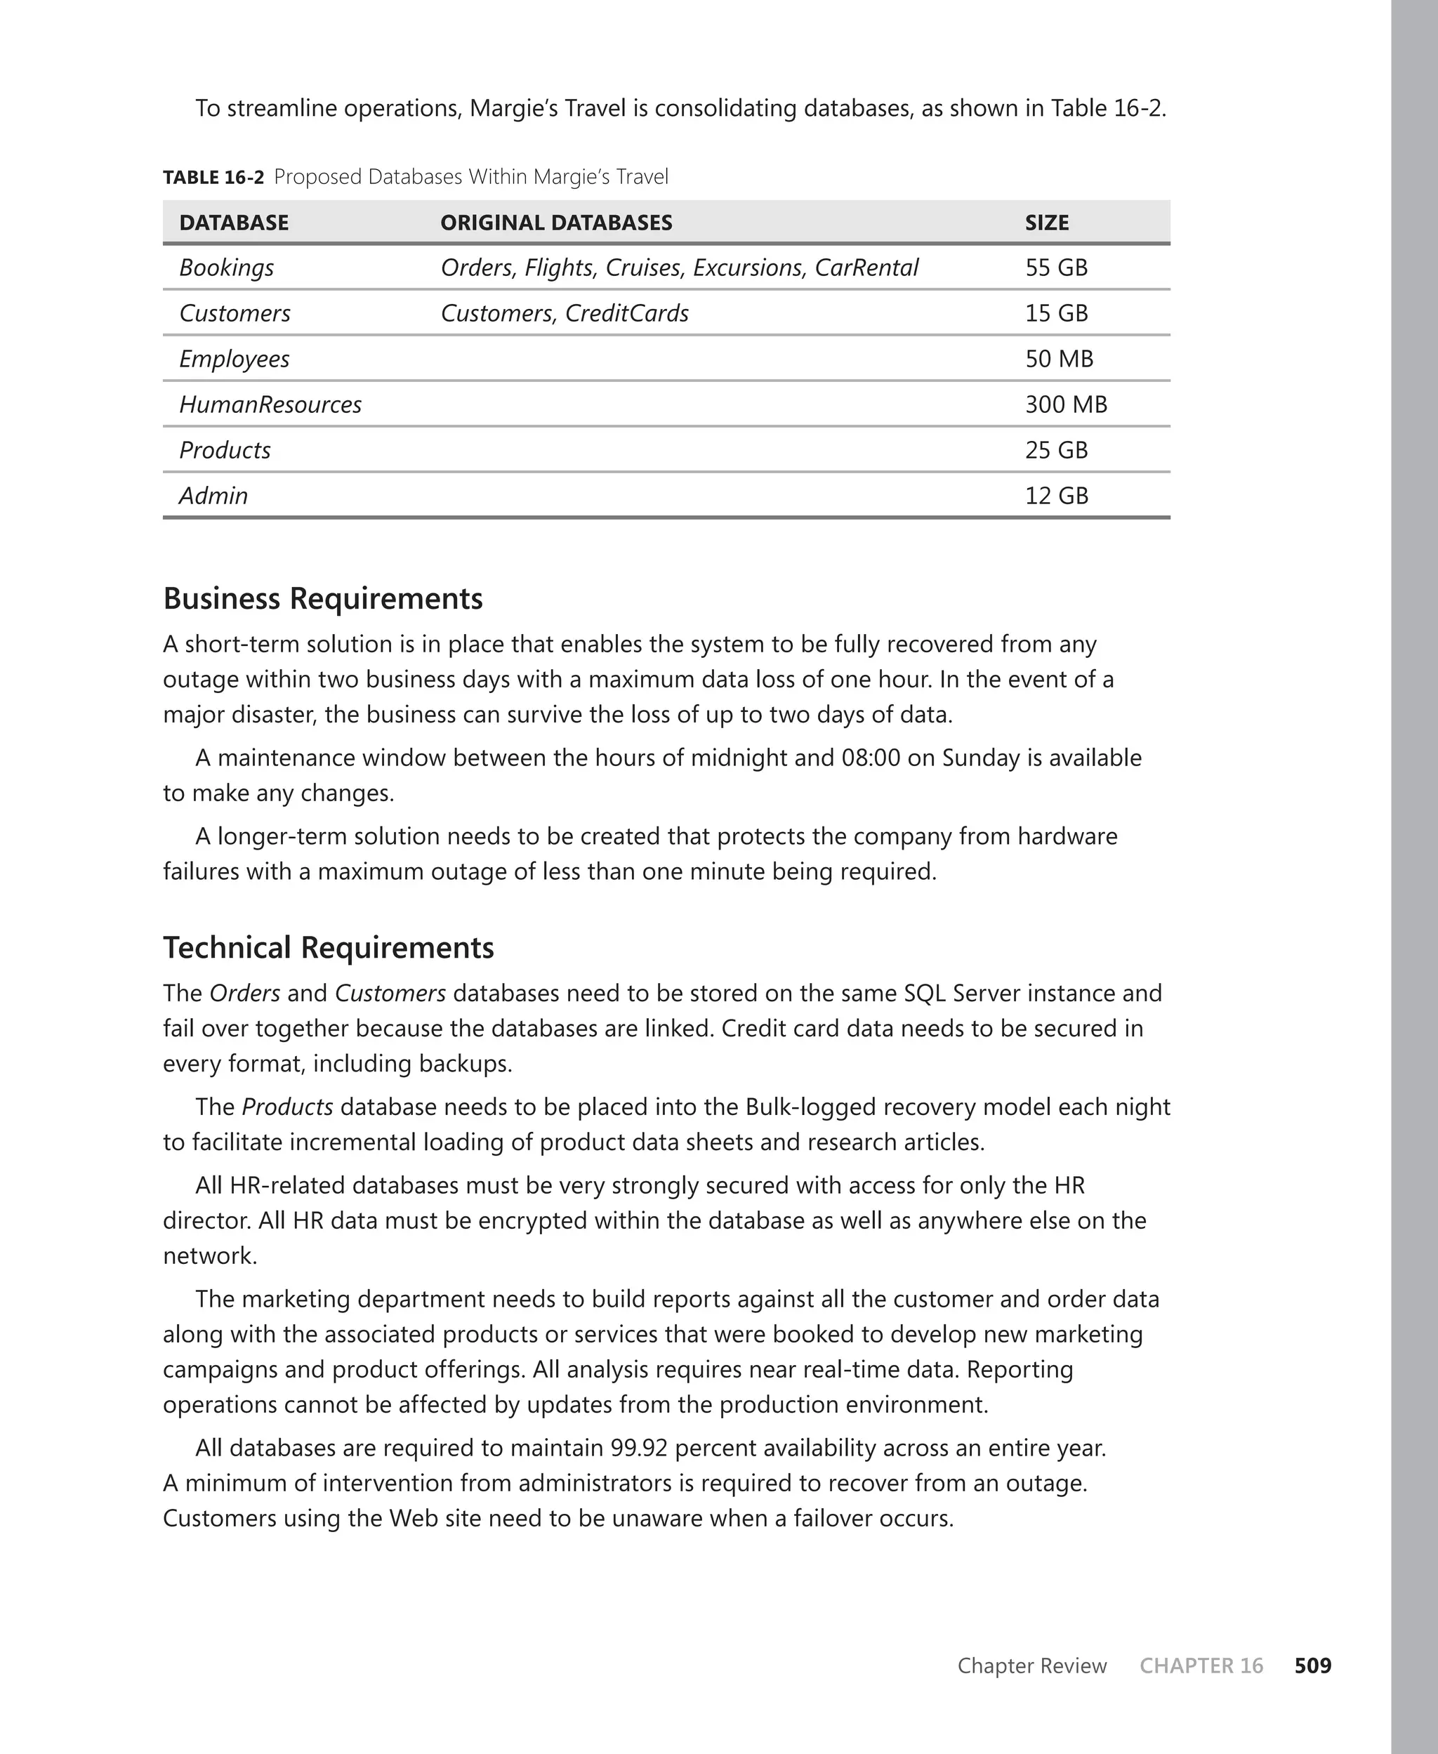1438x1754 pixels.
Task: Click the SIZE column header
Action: click(1046, 223)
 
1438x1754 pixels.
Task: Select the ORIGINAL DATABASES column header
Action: click(556, 223)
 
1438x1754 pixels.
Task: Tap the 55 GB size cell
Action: click(1056, 268)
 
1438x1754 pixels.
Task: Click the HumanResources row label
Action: click(270, 404)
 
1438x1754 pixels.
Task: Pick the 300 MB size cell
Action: click(1065, 404)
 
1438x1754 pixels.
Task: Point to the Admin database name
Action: click(213, 495)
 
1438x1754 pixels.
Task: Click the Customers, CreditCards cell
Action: click(564, 313)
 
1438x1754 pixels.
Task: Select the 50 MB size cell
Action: click(1059, 359)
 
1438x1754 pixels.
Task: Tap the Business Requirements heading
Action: click(322, 598)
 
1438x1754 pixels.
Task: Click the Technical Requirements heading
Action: click(328, 947)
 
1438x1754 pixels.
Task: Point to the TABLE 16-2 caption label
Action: click(213, 177)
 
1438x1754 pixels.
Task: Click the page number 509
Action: click(1312, 1666)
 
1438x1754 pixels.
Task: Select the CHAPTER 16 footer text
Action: click(1200, 1666)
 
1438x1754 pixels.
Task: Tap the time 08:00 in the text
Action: click(871, 758)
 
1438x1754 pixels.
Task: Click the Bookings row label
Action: click(226, 268)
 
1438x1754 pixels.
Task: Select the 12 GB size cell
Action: click(1056, 495)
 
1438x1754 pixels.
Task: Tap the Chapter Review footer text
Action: click(1031, 1666)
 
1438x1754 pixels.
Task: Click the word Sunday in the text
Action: click(981, 758)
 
